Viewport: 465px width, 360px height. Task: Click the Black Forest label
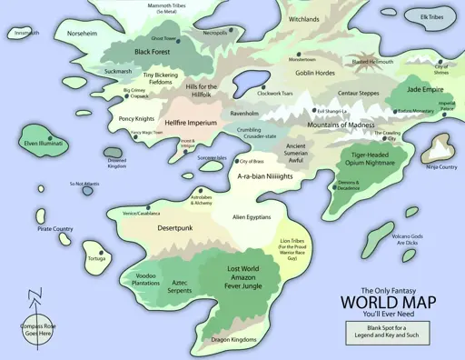[154, 53]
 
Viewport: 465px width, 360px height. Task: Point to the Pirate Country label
[55, 228]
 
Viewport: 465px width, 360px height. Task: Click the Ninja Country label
[441, 167]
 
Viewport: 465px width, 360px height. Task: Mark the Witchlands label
[303, 18]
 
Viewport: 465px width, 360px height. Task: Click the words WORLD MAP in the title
[388, 302]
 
